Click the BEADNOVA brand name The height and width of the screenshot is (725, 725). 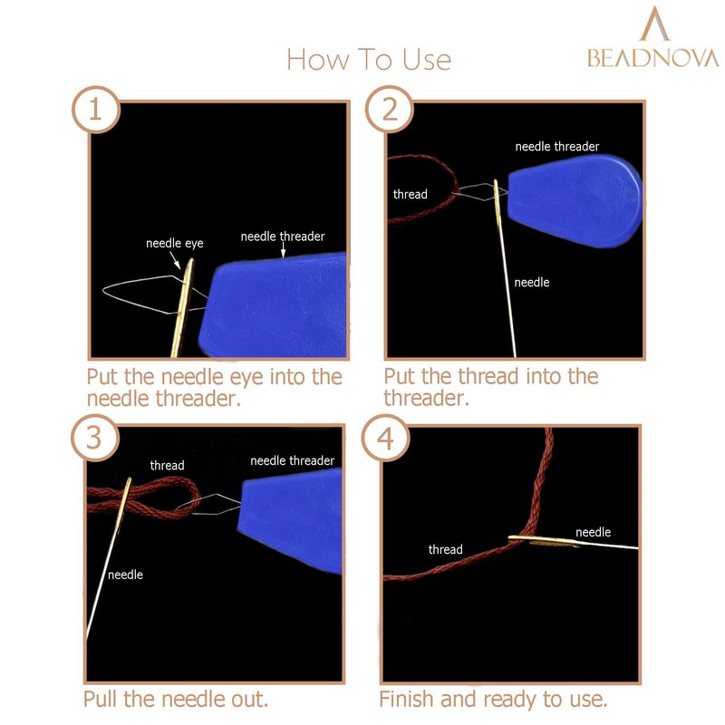(652, 58)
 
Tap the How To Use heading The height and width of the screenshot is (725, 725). (369, 60)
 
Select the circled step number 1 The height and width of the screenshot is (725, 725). (96, 110)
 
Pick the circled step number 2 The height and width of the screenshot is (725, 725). (390, 110)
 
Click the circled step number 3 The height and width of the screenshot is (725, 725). (95, 438)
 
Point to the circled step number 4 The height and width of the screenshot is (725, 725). (385, 438)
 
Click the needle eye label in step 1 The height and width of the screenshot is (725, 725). (174, 244)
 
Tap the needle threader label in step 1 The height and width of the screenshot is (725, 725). (283, 237)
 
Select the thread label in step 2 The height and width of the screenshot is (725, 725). (411, 194)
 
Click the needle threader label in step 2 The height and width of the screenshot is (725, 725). (557, 147)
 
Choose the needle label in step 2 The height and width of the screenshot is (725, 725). (532, 282)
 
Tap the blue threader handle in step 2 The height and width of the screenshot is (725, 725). (575, 201)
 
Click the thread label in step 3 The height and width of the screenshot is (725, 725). (167, 465)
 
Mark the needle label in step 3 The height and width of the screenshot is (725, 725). (125, 575)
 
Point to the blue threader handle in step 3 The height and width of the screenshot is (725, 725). (290, 520)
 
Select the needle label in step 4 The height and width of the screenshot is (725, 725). (594, 532)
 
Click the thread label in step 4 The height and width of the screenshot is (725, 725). (445, 549)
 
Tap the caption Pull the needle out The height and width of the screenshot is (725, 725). (176, 699)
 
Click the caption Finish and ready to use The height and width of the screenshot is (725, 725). (493, 700)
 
